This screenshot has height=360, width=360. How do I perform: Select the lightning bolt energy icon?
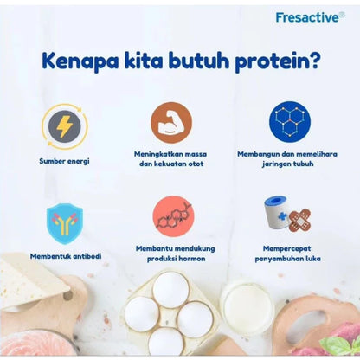click(64, 125)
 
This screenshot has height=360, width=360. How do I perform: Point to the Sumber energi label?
click(64, 160)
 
